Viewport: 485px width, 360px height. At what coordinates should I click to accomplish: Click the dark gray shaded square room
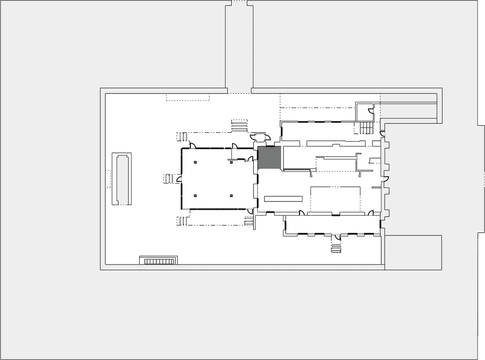(269, 158)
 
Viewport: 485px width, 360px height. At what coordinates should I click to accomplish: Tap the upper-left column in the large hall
(195, 162)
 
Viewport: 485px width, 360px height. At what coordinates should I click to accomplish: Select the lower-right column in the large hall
(231, 196)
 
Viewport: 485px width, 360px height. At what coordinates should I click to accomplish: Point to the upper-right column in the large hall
(231, 162)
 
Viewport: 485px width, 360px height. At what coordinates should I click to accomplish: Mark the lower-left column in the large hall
(195, 196)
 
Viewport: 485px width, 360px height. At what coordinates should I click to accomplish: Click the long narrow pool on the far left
(122, 179)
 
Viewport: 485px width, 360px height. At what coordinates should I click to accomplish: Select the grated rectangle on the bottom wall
(159, 261)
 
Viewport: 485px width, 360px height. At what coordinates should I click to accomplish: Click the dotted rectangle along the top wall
(188, 97)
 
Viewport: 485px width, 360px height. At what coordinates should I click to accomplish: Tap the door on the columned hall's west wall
(179, 179)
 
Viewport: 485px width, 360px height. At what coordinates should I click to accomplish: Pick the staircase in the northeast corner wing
(366, 127)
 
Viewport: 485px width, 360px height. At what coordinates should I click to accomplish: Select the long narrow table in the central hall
(283, 199)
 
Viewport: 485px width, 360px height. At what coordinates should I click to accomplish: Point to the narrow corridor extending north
(239, 45)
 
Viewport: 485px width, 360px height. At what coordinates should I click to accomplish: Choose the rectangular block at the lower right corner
(413, 252)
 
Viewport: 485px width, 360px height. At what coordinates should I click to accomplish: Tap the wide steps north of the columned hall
(239, 125)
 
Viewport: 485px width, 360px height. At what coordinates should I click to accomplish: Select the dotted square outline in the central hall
(335, 199)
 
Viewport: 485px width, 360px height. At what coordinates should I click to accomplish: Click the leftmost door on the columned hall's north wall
(192, 145)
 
